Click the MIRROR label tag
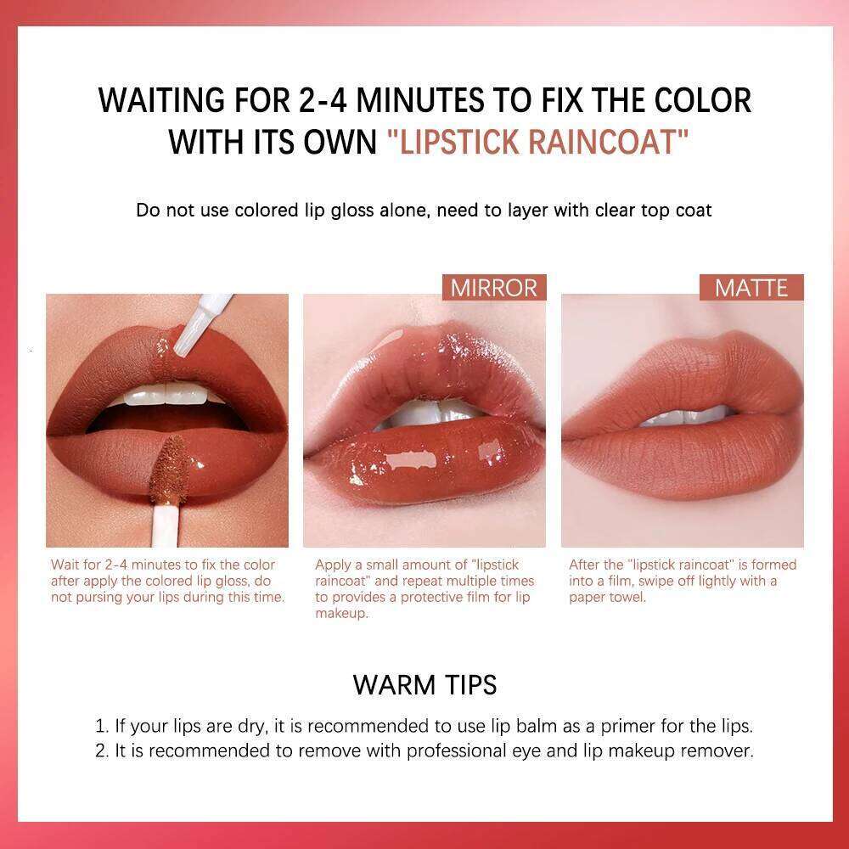[x=494, y=288]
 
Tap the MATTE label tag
[x=751, y=288]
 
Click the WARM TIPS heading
[x=424, y=684]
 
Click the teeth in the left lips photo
[x=170, y=396]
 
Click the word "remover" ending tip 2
[x=722, y=751]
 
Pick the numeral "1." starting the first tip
[x=102, y=726]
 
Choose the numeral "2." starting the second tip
[x=102, y=751]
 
